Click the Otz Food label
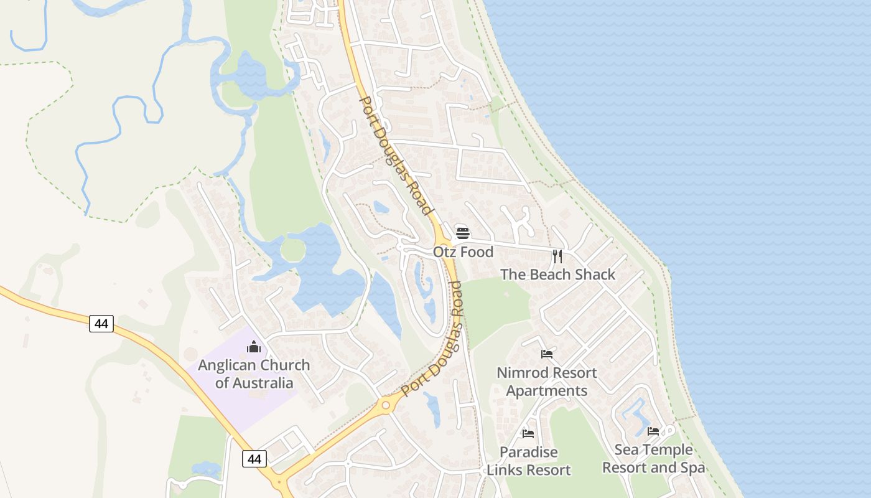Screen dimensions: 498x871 [463, 252]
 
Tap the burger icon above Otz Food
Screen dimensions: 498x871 [463, 233]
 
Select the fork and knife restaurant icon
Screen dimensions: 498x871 [557, 256]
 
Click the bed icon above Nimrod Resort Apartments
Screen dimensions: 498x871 [547, 354]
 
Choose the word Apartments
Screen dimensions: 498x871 [546, 391]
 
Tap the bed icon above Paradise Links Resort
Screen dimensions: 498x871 [528, 433]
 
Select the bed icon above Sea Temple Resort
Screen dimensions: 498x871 [653, 431]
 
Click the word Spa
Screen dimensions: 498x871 [692, 468]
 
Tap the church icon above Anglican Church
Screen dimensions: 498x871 [254, 347]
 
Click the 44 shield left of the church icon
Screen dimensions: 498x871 [101, 324]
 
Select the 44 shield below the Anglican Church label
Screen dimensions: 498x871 [254, 459]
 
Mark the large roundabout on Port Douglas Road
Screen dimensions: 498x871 [386, 406]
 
